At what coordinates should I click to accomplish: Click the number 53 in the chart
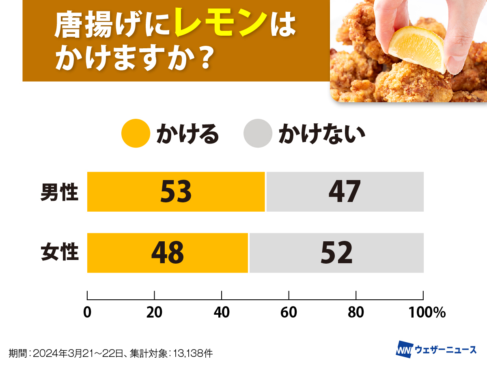pos(176,192)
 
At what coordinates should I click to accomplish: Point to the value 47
pos(345,192)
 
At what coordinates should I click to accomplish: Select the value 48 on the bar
pos(168,253)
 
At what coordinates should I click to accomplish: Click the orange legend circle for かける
pos(136,133)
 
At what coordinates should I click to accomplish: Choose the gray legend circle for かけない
pos(258,133)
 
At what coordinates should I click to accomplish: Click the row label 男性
pos(59,192)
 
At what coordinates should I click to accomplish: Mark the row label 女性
pos(59,253)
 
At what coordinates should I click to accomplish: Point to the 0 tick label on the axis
pos(87,312)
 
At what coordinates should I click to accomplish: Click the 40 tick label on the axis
pos(222,312)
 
